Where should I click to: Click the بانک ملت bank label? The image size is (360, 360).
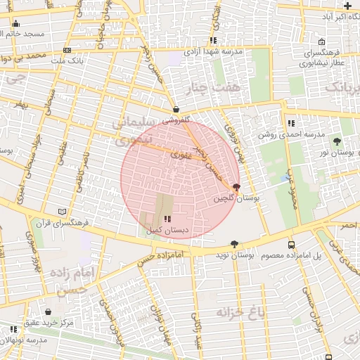tap(68, 61)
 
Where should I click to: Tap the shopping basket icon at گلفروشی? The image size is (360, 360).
tap(175, 110)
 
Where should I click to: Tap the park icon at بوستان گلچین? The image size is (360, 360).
tap(236, 188)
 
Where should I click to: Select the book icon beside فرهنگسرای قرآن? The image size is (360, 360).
tap(63, 211)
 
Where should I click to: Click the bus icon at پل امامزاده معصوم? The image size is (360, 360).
tap(291, 245)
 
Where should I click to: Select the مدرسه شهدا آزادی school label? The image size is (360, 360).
tap(213, 51)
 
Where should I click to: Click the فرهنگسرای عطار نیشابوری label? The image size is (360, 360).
tap(318, 58)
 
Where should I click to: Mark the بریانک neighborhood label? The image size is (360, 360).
tap(345, 87)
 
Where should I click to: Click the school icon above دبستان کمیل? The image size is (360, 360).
tap(167, 219)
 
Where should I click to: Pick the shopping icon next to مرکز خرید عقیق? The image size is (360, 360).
tap(48, 311)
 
